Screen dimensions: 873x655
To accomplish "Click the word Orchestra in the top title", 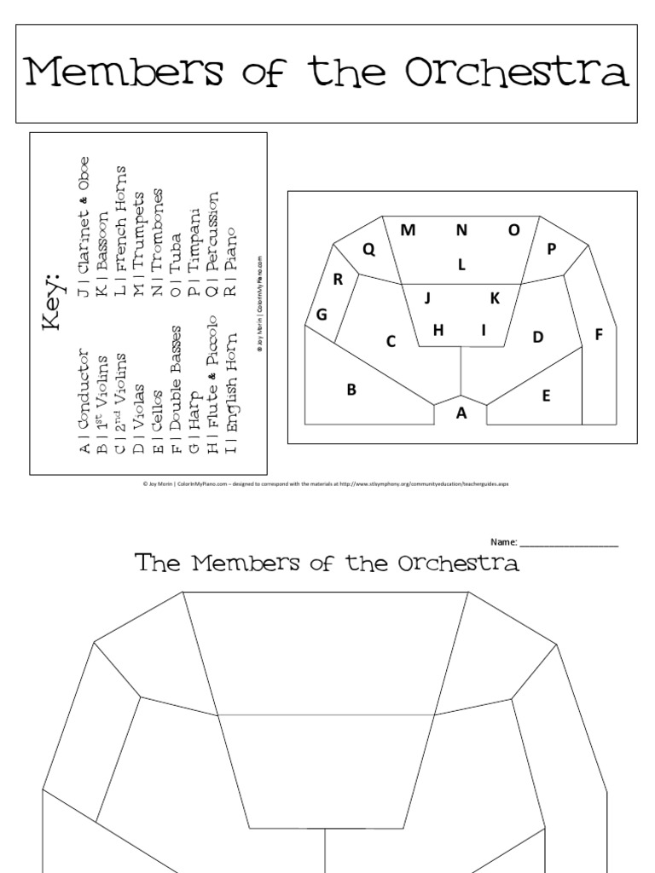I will click(517, 73).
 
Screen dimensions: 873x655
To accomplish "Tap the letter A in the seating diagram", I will click(462, 413).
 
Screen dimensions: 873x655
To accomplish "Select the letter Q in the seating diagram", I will click(369, 249).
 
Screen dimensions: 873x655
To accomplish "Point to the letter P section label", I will click(551, 249).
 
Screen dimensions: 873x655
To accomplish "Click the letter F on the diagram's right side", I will click(599, 335).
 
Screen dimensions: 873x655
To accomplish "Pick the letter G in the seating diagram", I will click(322, 315).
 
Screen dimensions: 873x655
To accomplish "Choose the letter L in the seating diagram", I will click(461, 264).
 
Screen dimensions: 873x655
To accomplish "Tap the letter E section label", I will click(546, 396).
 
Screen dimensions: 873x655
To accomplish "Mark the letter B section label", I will click(350, 390).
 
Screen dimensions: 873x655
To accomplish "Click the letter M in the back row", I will click(408, 229).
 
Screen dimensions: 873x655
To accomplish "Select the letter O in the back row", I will click(514, 229).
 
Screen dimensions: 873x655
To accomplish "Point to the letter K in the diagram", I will click(494, 298).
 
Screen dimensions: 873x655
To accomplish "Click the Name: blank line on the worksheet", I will click(569, 543).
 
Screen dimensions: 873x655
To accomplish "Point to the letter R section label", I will click(338, 278).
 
